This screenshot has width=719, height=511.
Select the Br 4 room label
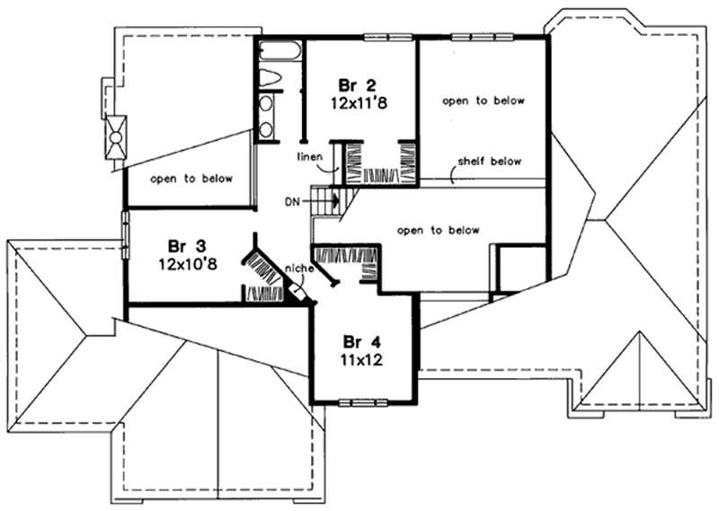point(361,341)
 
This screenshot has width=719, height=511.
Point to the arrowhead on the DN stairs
point(335,202)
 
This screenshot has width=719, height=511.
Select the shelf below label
point(490,162)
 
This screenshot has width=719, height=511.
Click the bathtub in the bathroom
point(280,51)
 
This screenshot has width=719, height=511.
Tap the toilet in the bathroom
point(268,78)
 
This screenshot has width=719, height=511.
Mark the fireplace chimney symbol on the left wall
point(115,137)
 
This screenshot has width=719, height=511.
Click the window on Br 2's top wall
point(388,36)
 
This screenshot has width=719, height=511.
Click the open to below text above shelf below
point(483,101)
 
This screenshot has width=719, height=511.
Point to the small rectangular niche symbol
point(294,289)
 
